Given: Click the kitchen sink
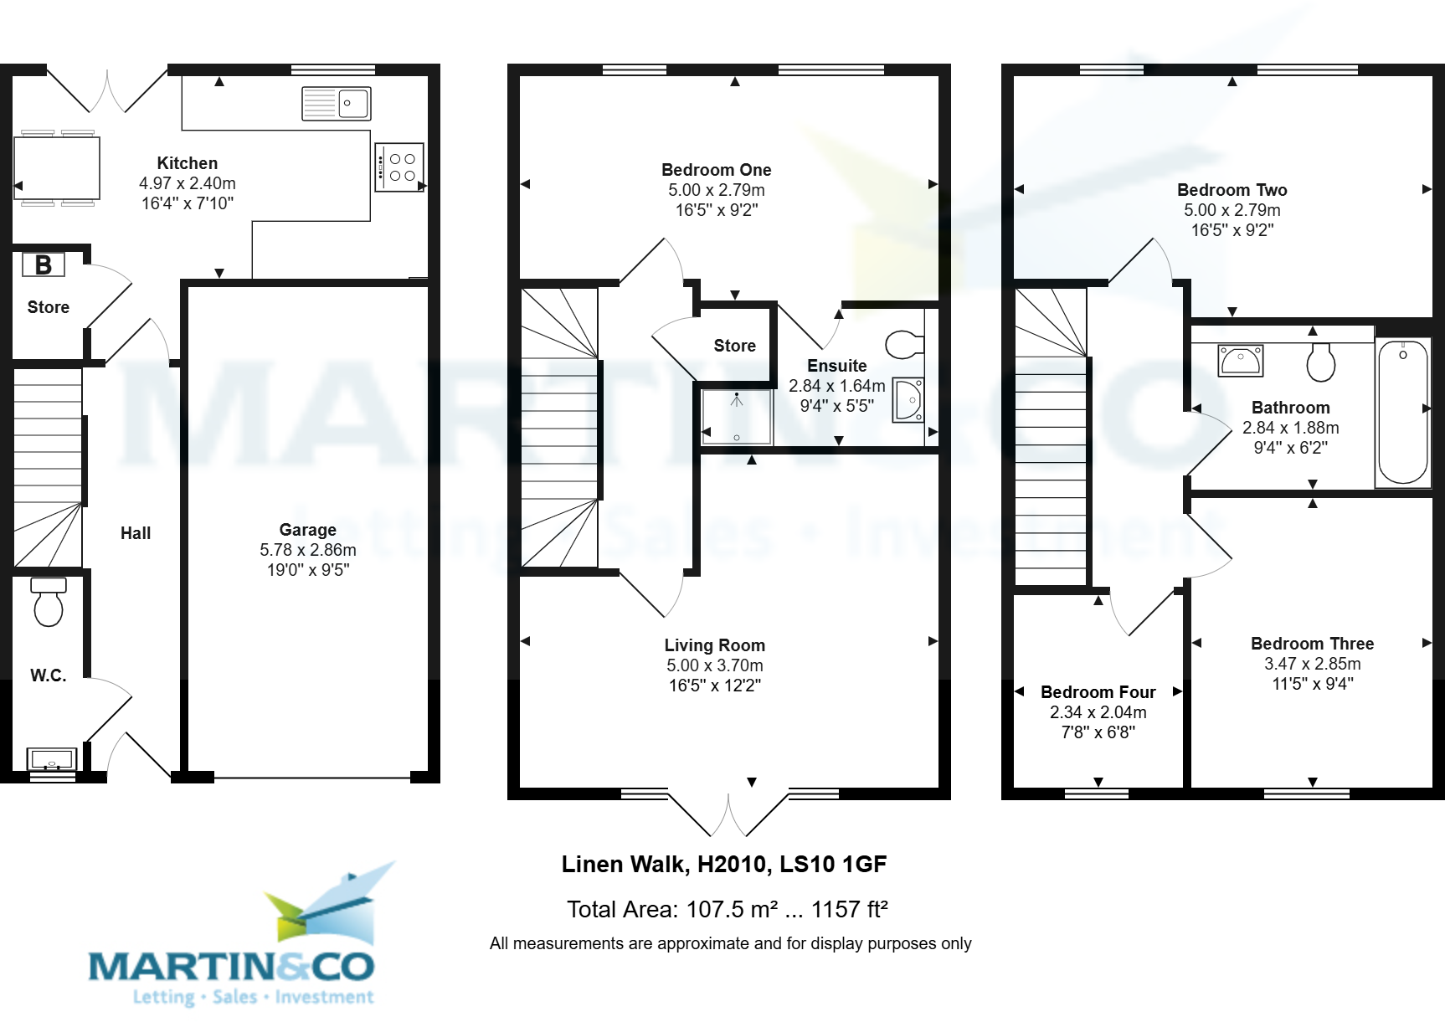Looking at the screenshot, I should (x=337, y=104).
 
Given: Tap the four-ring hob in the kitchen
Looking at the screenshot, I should (x=399, y=167).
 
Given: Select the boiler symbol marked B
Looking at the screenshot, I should (x=43, y=264).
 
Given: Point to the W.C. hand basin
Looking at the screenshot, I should (x=52, y=760).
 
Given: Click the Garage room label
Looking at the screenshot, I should (x=307, y=530).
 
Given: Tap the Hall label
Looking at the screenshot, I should (x=136, y=533).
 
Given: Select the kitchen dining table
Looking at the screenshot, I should (x=57, y=167).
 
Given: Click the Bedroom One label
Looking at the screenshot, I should (x=716, y=170).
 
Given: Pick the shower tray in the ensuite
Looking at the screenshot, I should (x=737, y=416).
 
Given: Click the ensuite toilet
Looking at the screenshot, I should (x=904, y=344).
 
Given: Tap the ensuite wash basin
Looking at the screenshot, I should (x=908, y=400).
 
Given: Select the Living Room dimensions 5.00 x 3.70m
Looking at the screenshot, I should (x=715, y=665).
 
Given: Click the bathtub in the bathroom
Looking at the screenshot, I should (x=1403, y=412).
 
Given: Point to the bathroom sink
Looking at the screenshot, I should (x=1240, y=361).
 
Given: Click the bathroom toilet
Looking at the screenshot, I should (x=1321, y=362).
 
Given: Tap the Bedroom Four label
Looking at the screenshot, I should (x=1098, y=692).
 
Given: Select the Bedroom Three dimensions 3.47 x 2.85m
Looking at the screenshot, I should (x=1312, y=664).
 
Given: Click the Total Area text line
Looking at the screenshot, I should (x=727, y=909).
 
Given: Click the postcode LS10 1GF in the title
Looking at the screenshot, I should (x=832, y=865).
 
